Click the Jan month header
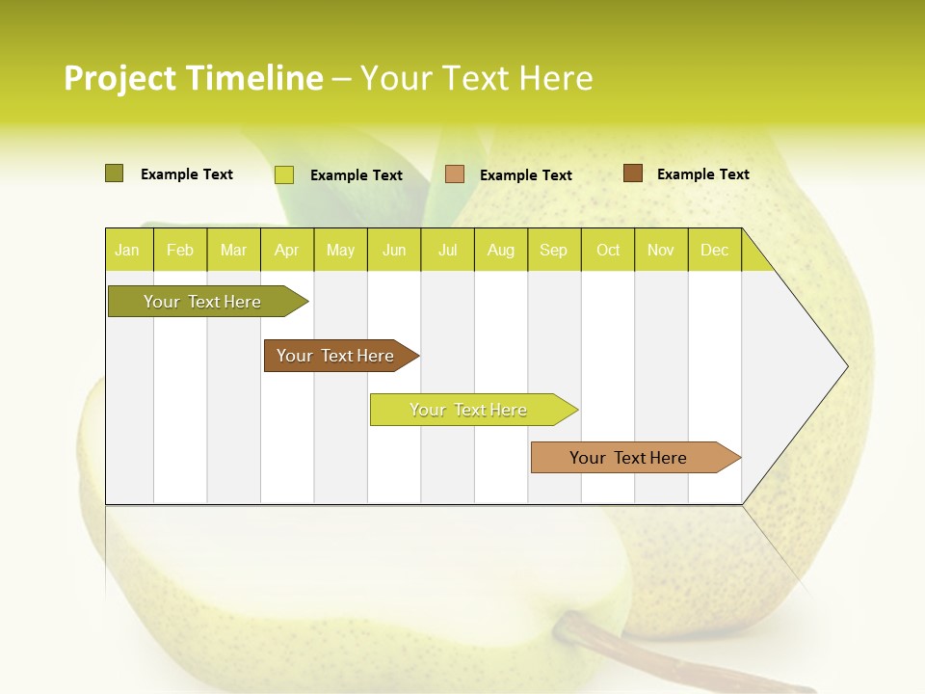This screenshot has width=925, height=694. point(127,250)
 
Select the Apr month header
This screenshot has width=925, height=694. point(286,250)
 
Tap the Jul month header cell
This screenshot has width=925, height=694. point(447,250)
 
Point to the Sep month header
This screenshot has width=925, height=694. point(553,250)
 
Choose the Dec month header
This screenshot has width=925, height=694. point(714,250)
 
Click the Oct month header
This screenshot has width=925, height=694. point(608,250)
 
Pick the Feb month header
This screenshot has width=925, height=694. point(180,250)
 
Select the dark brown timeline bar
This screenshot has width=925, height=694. point(335,356)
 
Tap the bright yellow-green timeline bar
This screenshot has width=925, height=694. point(468,410)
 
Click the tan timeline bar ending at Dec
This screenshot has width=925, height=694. point(628,458)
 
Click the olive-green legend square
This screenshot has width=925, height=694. point(114,173)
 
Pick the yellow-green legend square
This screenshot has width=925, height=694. point(284,174)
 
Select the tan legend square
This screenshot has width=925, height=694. point(455,173)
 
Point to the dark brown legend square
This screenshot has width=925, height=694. point(632,173)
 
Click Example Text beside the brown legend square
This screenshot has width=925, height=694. point(702,173)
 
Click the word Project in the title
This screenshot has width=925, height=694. point(120,78)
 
